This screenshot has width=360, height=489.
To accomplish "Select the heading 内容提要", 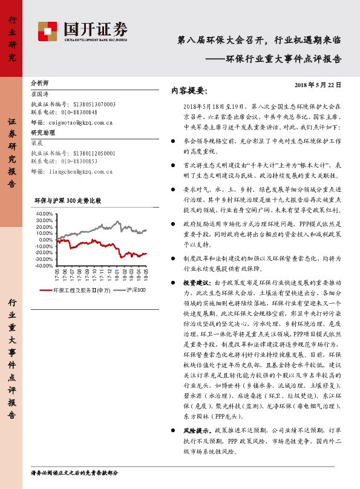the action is pos(189,91).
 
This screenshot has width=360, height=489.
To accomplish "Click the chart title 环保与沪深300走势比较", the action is pos(67,200).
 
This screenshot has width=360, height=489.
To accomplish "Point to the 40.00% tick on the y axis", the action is pos(44,214).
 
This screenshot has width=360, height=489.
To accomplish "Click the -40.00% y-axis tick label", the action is pos(44,266).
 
